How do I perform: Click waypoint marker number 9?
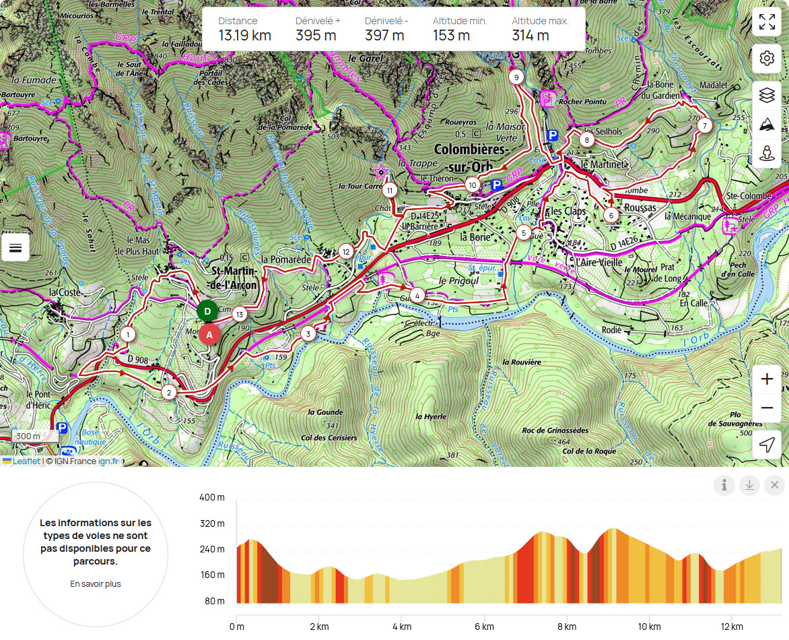(516, 77)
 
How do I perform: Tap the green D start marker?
(207, 311)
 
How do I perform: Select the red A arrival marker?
(209, 334)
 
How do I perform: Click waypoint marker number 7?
(704, 125)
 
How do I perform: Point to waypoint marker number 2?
(169, 392)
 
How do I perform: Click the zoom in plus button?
(766, 380)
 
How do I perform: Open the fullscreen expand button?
(766, 22)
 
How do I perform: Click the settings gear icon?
(766, 59)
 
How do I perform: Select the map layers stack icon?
(766, 96)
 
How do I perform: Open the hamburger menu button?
(15, 249)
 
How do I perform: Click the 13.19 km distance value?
(244, 36)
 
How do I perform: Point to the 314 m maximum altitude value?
(530, 36)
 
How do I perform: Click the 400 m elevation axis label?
(212, 497)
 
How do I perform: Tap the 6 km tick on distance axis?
(484, 626)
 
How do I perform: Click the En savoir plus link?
(96, 584)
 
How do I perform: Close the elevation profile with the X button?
(774, 485)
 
